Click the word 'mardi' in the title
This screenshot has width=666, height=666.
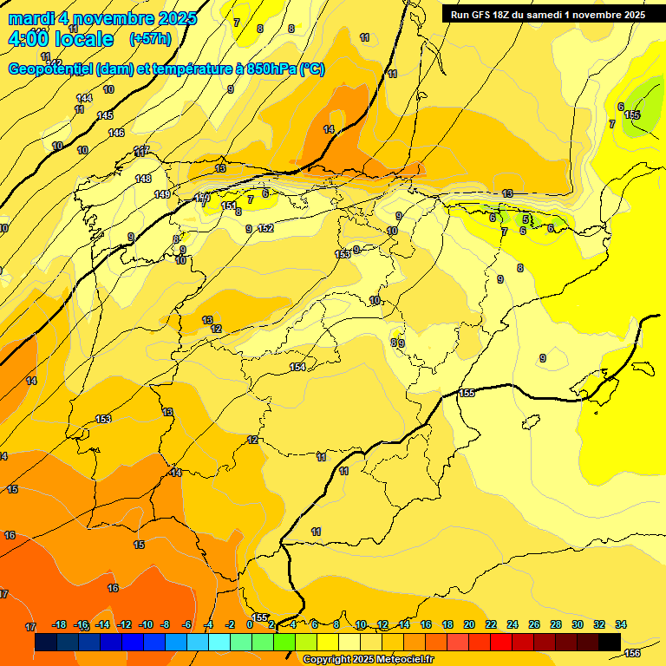pyautogui.click(x=30, y=18)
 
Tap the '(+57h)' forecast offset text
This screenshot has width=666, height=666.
pyautogui.click(x=150, y=39)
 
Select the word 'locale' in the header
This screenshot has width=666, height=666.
pyautogui.click(x=82, y=39)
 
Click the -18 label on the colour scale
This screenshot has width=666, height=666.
pyautogui.click(x=60, y=625)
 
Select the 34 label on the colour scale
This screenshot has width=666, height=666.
pyautogui.click(x=621, y=625)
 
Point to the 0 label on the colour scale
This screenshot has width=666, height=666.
pyautogui.click(x=250, y=625)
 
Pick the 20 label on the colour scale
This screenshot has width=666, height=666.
pyautogui.click(x=469, y=625)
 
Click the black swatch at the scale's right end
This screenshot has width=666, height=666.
pyautogui.click(x=610, y=643)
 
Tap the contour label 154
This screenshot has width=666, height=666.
pyautogui.click(x=297, y=368)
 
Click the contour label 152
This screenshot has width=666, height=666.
pyautogui.click(x=265, y=229)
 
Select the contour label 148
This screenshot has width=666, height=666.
pyautogui.click(x=143, y=179)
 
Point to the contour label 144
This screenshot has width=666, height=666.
pyautogui.click(x=84, y=98)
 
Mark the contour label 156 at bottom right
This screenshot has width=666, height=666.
pyautogui.click(x=632, y=653)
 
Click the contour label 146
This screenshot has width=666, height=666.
pyautogui.click(x=116, y=133)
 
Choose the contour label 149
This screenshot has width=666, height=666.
pyautogui.click(x=162, y=194)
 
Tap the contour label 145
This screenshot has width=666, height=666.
pyautogui.click(x=105, y=115)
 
